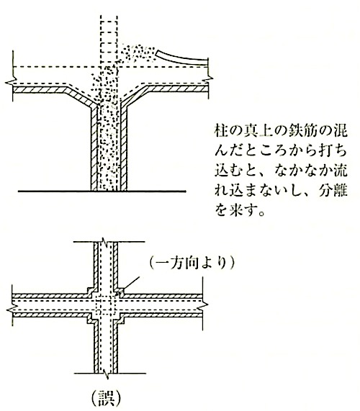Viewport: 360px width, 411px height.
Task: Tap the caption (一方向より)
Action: pos(192,263)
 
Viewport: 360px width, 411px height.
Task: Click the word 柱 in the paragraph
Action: pos(221,130)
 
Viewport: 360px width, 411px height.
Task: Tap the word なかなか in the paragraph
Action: pos(300,171)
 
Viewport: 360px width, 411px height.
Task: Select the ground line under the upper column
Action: pos(102,191)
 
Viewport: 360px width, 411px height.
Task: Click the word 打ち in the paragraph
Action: pos(333,150)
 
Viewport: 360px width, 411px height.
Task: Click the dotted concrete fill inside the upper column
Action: pos(109,147)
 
